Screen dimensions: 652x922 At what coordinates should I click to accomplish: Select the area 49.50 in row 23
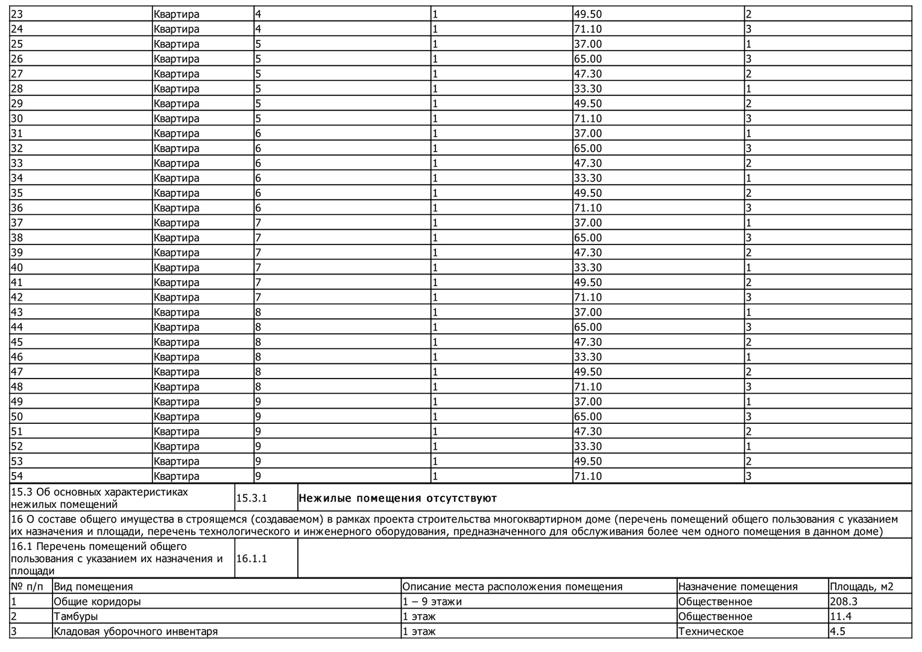(587, 14)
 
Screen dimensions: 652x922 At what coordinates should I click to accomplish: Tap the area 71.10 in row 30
(587, 119)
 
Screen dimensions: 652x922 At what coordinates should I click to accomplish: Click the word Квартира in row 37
(176, 223)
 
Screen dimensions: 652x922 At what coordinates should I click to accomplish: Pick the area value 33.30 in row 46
(587, 357)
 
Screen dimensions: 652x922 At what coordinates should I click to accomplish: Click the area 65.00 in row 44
(587, 327)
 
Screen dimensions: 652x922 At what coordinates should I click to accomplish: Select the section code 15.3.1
(251, 499)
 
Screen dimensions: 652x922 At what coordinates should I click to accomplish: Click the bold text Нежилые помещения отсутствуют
(398, 499)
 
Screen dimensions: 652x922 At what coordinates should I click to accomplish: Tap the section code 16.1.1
(251, 559)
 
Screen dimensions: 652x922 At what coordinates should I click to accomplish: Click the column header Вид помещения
(93, 587)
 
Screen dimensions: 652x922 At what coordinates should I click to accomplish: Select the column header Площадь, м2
(862, 587)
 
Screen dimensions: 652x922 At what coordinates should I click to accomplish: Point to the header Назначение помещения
(737, 587)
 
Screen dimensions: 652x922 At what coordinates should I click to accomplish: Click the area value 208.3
(844, 602)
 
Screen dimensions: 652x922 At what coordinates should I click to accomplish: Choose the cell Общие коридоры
(98, 602)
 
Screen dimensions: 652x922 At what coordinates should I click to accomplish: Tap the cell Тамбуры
(76, 617)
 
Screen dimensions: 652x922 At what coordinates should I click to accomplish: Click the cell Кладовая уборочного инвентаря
(136, 632)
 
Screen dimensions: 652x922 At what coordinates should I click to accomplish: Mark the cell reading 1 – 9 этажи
(432, 602)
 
